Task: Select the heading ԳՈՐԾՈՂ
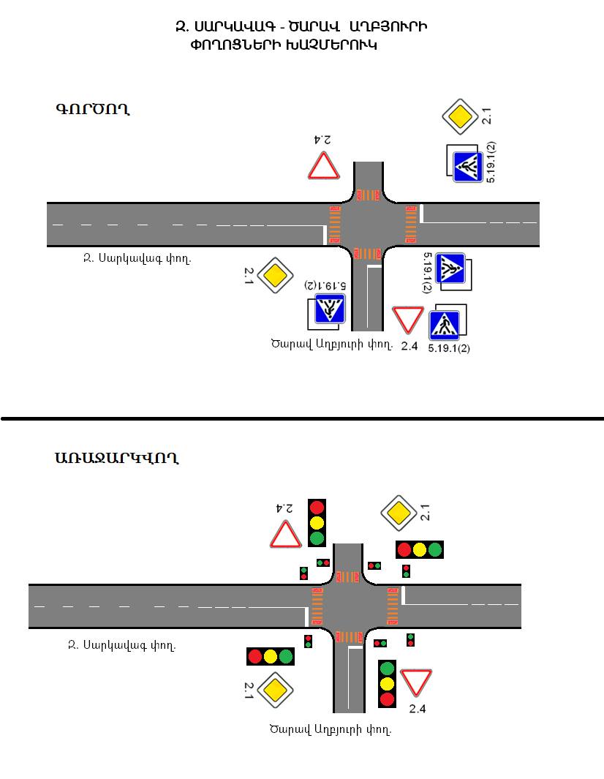click(93, 110)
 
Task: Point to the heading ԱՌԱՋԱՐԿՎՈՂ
click(116, 459)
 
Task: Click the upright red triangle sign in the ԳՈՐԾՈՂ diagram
click(323, 167)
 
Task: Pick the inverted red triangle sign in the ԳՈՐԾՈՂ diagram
click(407, 319)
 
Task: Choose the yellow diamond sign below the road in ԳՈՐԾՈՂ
click(274, 275)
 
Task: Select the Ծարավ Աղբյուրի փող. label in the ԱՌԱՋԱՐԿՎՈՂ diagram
click(330, 729)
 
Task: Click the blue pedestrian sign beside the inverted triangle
click(444, 323)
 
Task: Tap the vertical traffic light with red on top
click(317, 522)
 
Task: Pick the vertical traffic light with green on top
click(387, 683)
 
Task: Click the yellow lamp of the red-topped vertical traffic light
click(317, 522)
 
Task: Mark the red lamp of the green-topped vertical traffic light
click(387, 699)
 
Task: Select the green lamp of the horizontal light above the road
click(435, 549)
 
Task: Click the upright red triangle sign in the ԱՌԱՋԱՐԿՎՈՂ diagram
click(286, 535)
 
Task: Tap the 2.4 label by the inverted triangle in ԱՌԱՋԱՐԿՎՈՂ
click(418, 708)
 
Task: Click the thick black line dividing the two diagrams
click(302, 419)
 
